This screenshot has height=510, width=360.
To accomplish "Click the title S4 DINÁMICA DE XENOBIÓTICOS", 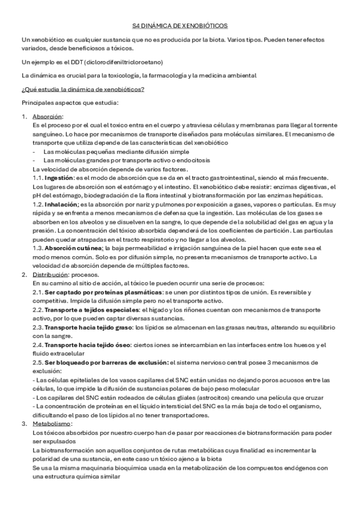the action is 180,26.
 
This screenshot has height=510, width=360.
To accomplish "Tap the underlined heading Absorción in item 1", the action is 47,116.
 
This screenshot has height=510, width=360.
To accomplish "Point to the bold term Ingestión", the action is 58,177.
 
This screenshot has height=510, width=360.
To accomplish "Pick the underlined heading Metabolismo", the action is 52,424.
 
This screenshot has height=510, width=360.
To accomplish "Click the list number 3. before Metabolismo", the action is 24,424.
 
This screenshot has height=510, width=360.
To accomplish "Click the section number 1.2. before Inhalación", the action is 38,204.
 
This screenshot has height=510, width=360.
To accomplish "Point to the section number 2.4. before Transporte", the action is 38,345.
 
